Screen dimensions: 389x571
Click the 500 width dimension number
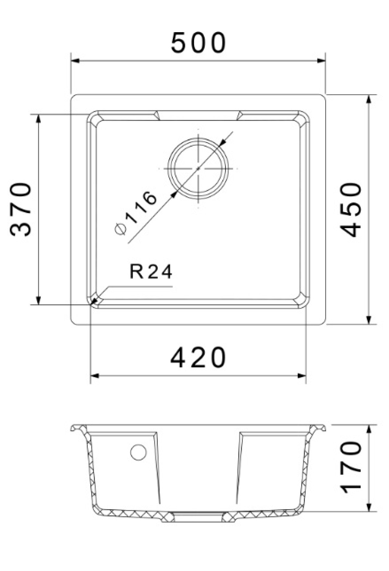pos(198,43)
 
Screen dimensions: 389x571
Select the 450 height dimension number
pos(351,210)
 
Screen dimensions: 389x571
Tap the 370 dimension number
pos(21,209)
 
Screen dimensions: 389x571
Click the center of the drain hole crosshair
pos(198,168)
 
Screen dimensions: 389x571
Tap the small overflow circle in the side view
pos(138,452)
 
